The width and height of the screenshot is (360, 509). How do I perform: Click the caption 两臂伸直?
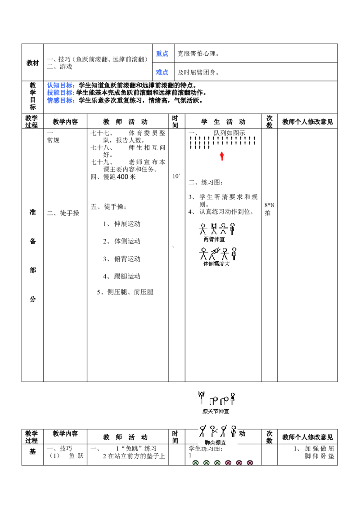[x=214, y=239]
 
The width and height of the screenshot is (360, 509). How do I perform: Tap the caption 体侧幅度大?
[x=216, y=264]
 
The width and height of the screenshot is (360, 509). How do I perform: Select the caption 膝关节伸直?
[x=216, y=411]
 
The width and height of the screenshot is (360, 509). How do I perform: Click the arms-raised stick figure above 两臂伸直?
[x=214, y=228]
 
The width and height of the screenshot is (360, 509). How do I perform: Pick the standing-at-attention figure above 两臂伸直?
[x=233, y=228]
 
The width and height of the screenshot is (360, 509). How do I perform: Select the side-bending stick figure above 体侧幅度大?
[x=215, y=253]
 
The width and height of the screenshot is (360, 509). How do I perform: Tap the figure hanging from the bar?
[x=202, y=397]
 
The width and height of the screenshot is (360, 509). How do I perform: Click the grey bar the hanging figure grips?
[x=202, y=390]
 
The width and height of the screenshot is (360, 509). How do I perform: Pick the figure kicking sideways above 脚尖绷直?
[x=213, y=431]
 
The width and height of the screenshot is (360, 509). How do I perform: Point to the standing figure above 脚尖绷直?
[x=233, y=431]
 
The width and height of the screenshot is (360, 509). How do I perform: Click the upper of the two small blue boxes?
[x=162, y=54]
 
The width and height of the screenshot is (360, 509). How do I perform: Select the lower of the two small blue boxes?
[x=162, y=72]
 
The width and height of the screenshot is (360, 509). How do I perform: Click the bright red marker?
[x=222, y=155]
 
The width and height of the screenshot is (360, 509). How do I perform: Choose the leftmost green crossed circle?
[x=195, y=463]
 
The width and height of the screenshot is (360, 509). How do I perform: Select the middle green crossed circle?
[x=206, y=463]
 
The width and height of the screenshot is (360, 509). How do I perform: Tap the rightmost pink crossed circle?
[x=250, y=463]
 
